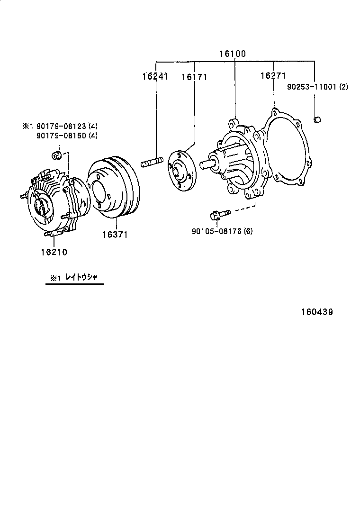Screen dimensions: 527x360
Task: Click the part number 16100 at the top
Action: coord(232,54)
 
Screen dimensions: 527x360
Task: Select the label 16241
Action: coord(155,76)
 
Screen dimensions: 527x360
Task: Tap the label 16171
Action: coord(194,76)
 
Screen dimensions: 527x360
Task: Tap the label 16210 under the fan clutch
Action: coord(54,252)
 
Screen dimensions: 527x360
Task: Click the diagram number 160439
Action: coord(316,312)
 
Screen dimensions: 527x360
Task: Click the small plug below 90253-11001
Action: coord(317,119)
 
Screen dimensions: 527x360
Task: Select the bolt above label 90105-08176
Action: coord(219,215)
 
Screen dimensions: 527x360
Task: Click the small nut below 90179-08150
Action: coord(55,154)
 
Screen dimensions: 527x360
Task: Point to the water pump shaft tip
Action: coord(204,164)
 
